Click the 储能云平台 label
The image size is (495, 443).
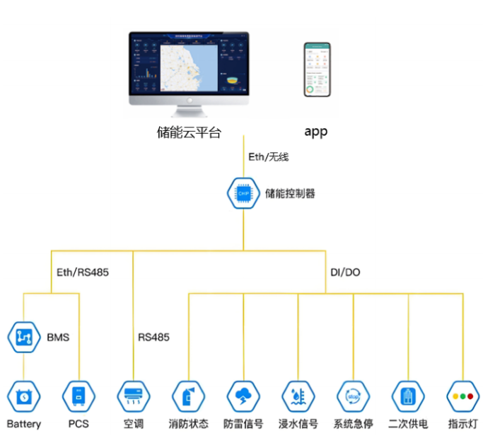(x=189, y=132)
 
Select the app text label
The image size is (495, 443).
(x=316, y=132)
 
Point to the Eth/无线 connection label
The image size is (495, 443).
(x=269, y=157)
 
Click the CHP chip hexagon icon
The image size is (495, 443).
(x=243, y=192)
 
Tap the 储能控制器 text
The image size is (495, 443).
(x=290, y=193)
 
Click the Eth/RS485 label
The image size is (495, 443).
(x=83, y=272)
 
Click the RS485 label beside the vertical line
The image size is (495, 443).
(x=153, y=338)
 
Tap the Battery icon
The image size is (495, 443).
(x=24, y=396)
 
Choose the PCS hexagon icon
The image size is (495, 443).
(x=78, y=396)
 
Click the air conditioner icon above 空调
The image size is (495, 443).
(x=133, y=396)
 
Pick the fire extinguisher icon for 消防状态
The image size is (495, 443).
(x=188, y=396)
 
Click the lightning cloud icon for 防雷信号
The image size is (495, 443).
(x=243, y=396)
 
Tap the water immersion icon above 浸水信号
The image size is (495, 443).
(x=298, y=396)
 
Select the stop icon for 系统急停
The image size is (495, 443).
(x=353, y=396)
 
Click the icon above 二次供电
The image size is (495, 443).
(x=408, y=396)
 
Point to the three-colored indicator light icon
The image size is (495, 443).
(x=463, y=396)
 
